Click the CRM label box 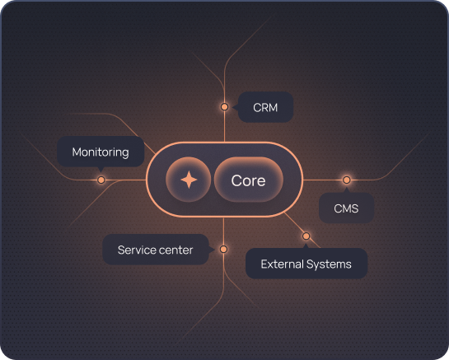click(265, 107)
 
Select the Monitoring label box click(101, 152)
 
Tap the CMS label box click(347, 208)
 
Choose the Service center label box click(156, 250)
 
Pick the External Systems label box click(306, 263)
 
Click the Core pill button click(249, 180)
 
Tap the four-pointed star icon click(189, 180)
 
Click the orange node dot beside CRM click(224, 107)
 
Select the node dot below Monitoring click(101, 180)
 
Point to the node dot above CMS click(347, 180)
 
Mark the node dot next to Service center click(223, 249)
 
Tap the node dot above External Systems click(306, 236)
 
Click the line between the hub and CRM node click(224, 126)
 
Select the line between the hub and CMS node click(323, 180)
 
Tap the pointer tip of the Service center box click(214, 250)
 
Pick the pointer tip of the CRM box click(233, 107)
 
